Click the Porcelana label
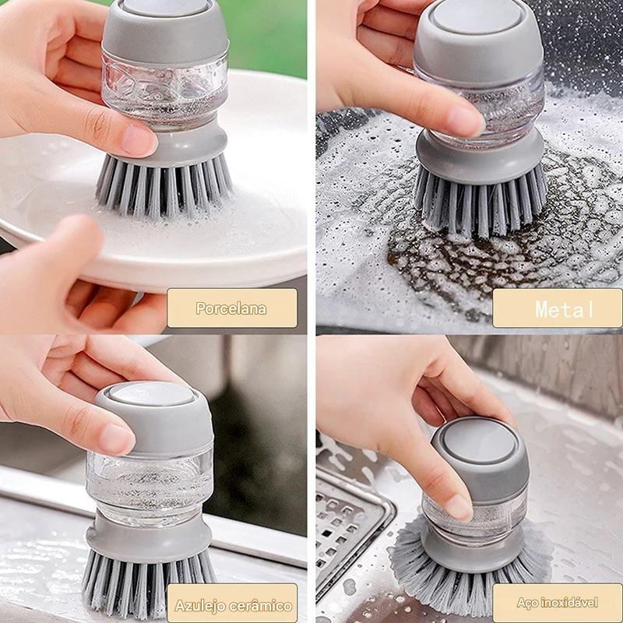231,308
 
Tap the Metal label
557,308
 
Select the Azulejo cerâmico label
232,604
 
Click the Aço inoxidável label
558,603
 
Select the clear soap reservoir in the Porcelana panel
165,90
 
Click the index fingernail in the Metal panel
466,121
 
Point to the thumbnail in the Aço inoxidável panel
458,506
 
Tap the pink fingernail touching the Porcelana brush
139,140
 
